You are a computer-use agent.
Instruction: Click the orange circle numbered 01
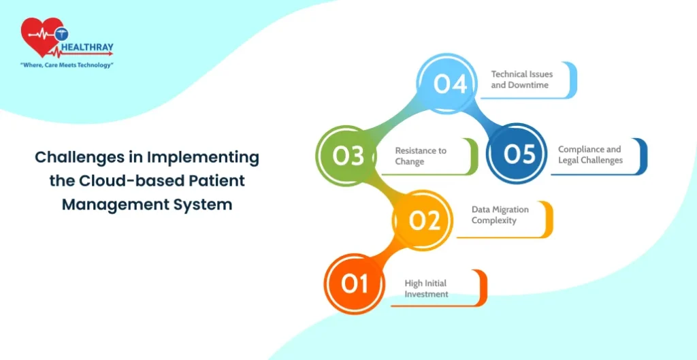coord(354,282)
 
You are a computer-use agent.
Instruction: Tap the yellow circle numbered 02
coord(423,220)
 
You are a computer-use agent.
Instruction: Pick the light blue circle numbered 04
coord(451,84)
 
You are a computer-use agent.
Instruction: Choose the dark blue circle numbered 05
coord(519,154)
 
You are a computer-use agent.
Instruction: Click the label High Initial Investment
coord(427,289)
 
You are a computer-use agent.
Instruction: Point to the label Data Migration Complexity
coord(500,215)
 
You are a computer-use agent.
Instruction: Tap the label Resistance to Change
coord(421,156)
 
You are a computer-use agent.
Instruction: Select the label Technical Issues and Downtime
coord(522,80)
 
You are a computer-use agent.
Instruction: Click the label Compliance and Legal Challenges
coord(590,154)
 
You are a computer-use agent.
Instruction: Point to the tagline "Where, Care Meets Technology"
coord(67,65)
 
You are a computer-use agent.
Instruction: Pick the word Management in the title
coord(107,204)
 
